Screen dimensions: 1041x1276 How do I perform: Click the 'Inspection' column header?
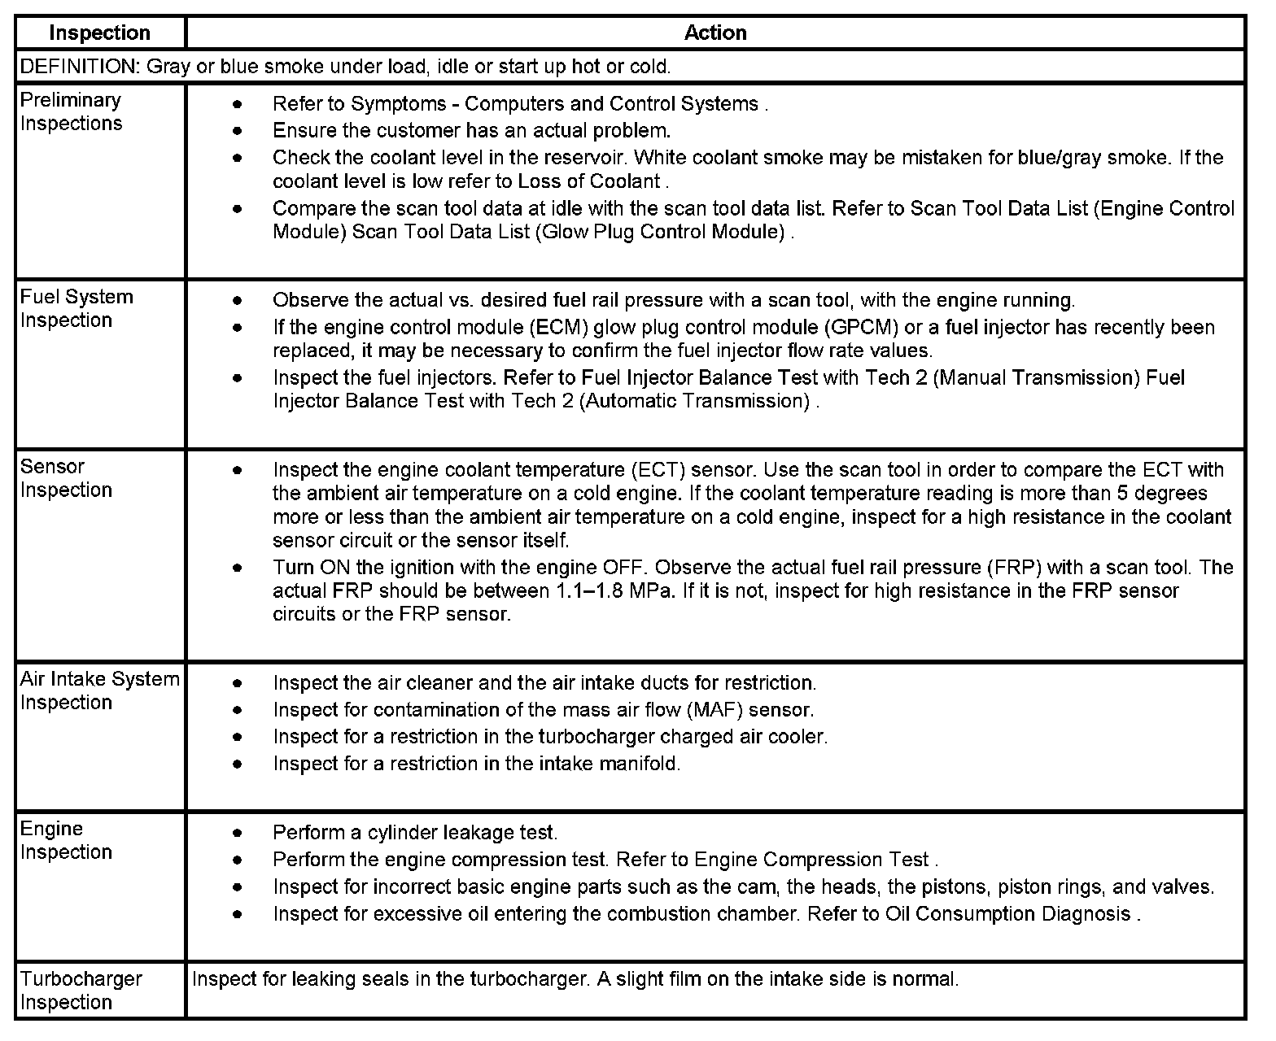(x=99, y=33)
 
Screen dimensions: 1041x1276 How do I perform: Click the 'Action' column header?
(x=715, y=33)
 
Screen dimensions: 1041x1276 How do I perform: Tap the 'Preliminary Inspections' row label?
(x=71, y=111)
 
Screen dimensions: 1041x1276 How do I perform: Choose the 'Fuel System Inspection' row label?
(x=76, y=308)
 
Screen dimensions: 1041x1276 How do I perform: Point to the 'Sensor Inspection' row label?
(x=66, y=478)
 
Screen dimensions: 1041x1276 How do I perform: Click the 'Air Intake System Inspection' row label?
(x=99, y=690)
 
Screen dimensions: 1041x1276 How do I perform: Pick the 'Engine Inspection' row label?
(x=66, y=840)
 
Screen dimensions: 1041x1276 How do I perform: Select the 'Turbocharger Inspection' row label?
(x=81, y=990)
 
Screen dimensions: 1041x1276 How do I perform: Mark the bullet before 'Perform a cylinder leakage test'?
(x=237, y=833)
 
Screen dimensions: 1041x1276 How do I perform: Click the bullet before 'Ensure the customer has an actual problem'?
(x=237, y=131)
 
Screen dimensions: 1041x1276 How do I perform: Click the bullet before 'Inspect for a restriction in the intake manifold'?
(x=237, y=764)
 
